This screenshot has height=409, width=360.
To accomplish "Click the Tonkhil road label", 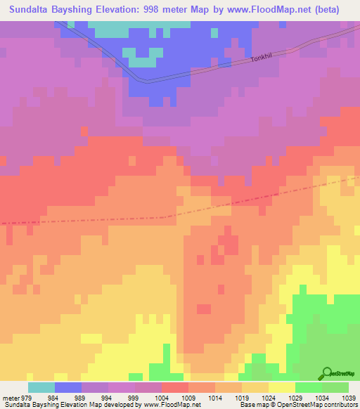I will [264, 59].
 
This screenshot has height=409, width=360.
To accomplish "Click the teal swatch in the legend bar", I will [41, 387].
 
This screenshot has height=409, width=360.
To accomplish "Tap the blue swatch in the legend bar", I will [68, 387].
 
